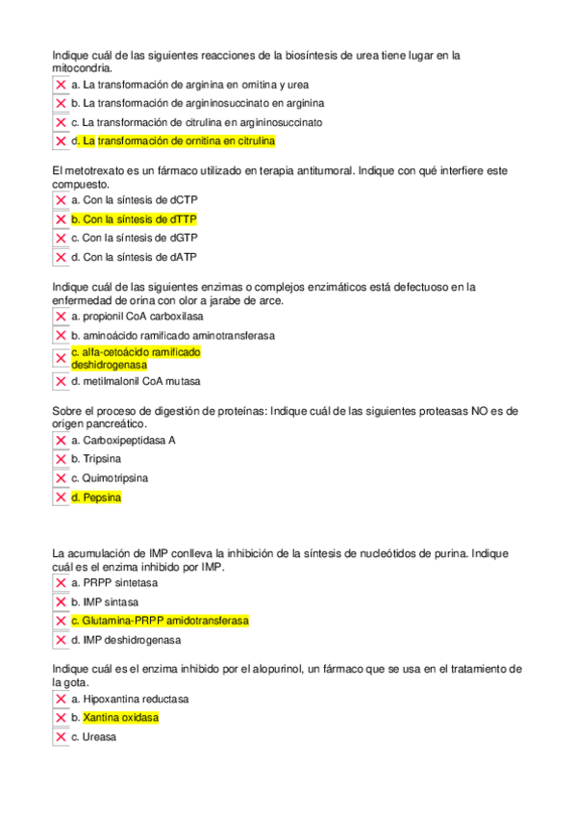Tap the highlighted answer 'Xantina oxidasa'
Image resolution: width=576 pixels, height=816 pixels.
coord(121,718)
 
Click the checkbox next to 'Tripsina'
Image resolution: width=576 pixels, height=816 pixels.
coord(61,459)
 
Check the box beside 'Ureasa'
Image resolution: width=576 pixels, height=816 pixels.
coord(61,737)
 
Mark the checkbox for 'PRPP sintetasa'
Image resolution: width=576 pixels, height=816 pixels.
coord(61,583)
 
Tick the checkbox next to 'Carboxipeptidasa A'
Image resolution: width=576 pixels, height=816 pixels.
coord(61,441)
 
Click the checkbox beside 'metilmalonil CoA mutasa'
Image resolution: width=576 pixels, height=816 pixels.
coord(61,381)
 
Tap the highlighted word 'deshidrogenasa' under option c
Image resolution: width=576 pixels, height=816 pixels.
coord(109,366)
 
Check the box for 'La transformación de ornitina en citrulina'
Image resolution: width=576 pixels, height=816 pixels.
coord(61,141)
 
